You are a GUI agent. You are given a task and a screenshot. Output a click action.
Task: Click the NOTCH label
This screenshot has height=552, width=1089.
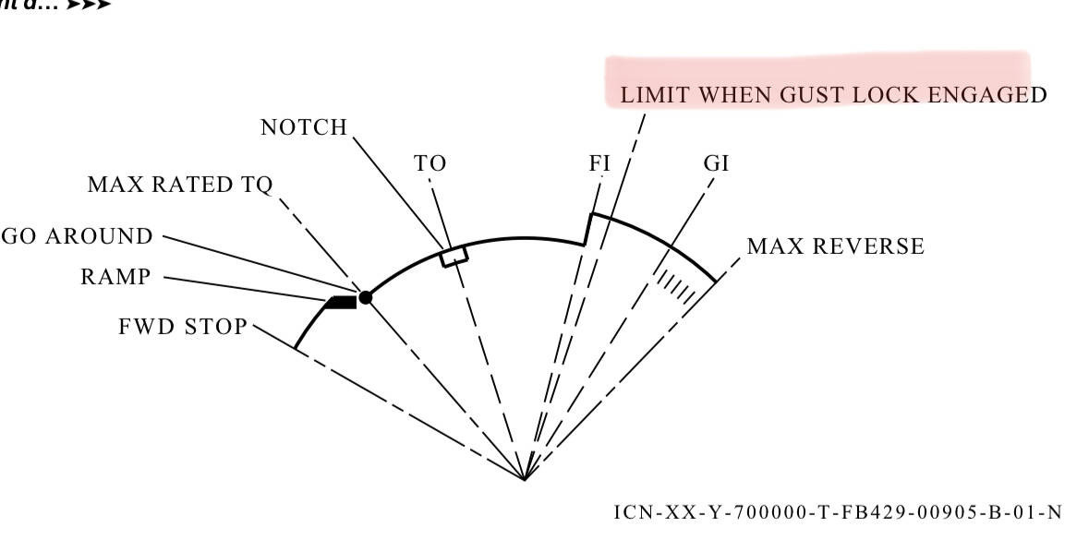pyautogui.click(x=304, y=127)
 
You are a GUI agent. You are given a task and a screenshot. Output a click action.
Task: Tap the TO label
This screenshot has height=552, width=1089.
pyautogui.click(x=430, y=163)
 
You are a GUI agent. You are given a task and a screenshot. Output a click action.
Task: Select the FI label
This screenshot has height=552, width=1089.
pyautogui.click(x=599, y=163)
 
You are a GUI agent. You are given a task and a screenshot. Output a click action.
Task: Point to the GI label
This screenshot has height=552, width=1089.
pyautogui.click(x=716, y=163)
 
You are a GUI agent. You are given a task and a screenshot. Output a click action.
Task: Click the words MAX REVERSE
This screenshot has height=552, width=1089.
pyautogui.click(x=835, y=246)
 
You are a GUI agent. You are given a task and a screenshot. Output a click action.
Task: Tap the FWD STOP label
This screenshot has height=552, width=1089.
pyautogui.click(x=183, y=326)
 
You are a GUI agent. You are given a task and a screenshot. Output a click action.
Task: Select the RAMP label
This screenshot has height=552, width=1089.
pyautogui.click(x=115, y=277)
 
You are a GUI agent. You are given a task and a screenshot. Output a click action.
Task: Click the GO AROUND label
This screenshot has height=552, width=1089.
pyautogui.click(x=78, y=236)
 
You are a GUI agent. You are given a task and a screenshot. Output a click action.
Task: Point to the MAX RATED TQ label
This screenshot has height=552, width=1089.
pyautogui.click(x=180, y=185)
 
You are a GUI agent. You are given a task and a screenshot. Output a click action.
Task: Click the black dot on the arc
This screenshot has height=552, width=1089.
pyautogui.click(x=366, y=297)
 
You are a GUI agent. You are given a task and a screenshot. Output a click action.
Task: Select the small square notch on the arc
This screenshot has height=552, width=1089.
pyautogui.click(x=454, y=256)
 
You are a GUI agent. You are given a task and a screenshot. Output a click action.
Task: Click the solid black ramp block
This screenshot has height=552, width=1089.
pyautogui.click(x=343, y=301)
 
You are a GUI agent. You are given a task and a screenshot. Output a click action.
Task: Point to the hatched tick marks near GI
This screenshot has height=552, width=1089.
pyautogui.click(x=677, y=285)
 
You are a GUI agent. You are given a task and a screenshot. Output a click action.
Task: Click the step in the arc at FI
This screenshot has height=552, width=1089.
pyautogui.click(x=587, y=230)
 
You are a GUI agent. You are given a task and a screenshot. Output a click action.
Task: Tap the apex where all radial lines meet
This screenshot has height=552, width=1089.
pyautogui.click(x=525, y=479)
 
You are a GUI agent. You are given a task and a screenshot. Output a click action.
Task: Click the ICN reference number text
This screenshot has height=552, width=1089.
pyautogui.click(x=837, y=511)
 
